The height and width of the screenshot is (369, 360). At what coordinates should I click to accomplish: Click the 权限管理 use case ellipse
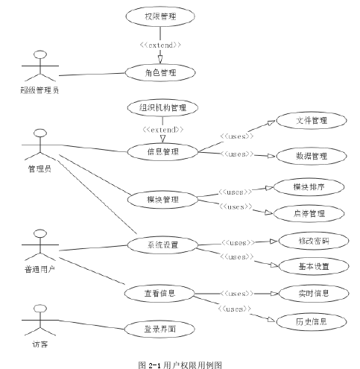pos(160,16)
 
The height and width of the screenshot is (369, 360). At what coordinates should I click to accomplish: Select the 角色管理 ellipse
pos(160,72)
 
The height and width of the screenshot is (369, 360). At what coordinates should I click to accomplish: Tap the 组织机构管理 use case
pos(162,107)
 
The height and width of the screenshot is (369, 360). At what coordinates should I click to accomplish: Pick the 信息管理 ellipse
pos(162,151)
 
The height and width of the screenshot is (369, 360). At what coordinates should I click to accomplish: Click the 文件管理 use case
pos(312,121)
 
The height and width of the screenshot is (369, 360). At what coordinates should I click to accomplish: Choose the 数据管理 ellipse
pos(312,156)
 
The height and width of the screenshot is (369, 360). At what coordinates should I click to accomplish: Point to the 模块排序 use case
pos(309,187)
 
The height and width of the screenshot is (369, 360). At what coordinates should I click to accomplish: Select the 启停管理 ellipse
pos(309,213)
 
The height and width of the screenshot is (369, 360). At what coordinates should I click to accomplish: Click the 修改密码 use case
pos(314,241)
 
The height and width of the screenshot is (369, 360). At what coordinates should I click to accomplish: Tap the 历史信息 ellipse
pos(312,322)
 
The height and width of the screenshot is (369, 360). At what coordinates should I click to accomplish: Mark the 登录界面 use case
pos(160,329)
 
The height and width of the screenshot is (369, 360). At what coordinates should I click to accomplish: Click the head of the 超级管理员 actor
pos(40,54)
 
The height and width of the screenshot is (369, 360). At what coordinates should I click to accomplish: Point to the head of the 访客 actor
pos(40,309)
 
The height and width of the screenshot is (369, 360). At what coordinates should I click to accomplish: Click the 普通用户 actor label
pos(40,269)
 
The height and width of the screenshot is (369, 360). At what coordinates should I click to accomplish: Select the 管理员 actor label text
pos(40,168)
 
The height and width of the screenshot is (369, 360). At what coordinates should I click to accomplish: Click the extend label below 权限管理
pos(160,45)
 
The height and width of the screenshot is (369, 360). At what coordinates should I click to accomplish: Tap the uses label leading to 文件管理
pos(237,136)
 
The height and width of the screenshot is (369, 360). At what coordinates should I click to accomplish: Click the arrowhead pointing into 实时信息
pos(274,294)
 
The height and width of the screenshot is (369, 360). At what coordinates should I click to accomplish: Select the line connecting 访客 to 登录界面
pos(92,325)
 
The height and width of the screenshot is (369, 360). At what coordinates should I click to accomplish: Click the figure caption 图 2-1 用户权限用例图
pos(180,365)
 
